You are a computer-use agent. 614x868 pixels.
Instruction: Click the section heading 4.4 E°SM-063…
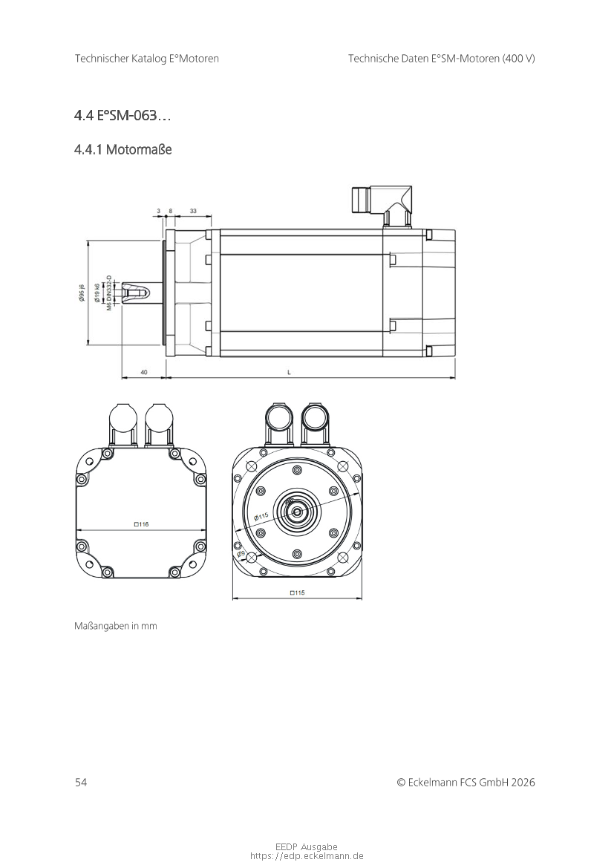tap(123, 116)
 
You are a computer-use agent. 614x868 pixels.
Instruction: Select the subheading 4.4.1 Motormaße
tap(123, 149)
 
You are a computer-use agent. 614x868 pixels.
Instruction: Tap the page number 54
tap(81, 782)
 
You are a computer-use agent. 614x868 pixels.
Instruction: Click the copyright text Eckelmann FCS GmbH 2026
tap(471, 782)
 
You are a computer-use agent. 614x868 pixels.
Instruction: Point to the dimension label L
tap(289, 373)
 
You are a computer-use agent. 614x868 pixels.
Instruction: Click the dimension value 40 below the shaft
tap(144, 373)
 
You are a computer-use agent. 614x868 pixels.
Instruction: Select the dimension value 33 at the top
tap(193, 211)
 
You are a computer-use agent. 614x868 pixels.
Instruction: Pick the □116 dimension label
tap(141, 523)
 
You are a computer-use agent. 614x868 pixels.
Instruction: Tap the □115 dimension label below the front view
tap(297, 593)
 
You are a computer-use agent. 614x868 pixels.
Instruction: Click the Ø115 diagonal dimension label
tap(261, 517)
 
